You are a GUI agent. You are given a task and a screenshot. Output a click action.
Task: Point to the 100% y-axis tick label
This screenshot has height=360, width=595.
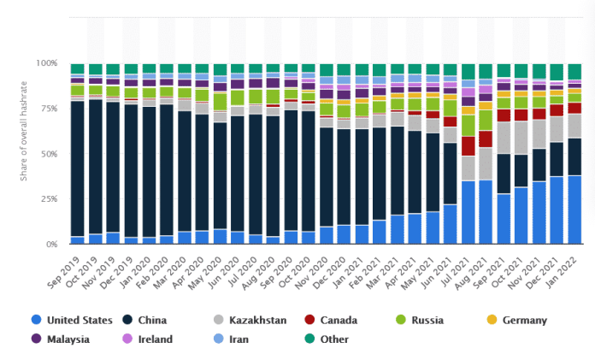47,64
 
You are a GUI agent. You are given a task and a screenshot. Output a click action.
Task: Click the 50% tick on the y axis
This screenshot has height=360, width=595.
50,154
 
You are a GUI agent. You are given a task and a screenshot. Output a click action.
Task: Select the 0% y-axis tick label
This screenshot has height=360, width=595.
52,244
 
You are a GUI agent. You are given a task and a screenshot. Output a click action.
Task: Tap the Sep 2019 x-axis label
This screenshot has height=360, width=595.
66,268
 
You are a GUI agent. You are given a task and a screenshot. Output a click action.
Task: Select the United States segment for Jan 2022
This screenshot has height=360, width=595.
575,210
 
